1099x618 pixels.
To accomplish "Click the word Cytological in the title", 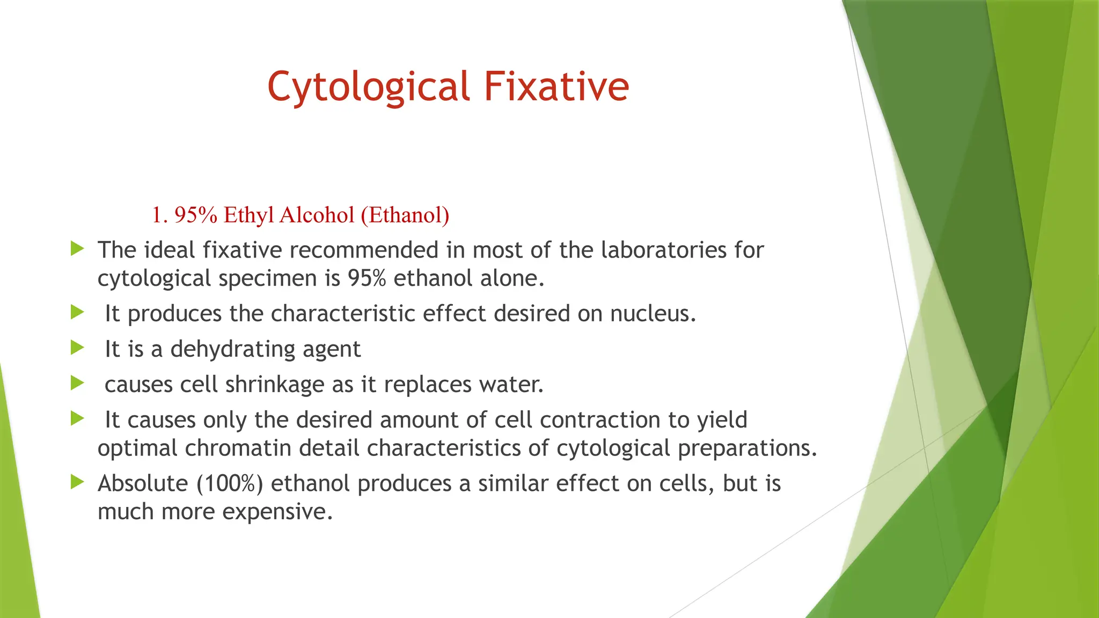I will (x=369, y=87).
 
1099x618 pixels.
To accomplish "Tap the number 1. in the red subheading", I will (x=160, y=215).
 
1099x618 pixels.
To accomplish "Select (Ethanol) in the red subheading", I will (x=405, y=215).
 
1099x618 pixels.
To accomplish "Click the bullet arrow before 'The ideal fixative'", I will (x=77, y=249).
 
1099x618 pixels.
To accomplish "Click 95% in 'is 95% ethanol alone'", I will (x=367, y=278).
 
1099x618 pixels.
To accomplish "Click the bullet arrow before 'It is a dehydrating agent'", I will (x=77, y=348).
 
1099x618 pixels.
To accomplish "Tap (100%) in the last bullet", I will (x=230, y=484).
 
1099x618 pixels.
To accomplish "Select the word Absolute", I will (x=142, y=484).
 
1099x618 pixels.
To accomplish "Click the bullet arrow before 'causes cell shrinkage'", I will (x=77, y=384).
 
